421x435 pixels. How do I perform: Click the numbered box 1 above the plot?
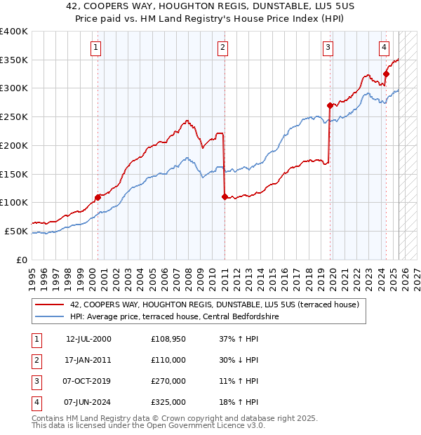point(95,48)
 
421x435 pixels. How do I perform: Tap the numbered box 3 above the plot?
point(328,48)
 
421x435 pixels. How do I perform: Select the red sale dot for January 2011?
point(225,197)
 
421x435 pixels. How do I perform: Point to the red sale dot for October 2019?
point(329,105)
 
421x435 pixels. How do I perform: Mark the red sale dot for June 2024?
point(386,74)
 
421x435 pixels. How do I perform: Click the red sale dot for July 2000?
point(98,197)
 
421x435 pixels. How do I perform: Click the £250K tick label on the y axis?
point(14,116)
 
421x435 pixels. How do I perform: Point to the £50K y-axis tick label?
point(17,231)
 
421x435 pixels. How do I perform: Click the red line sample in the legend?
point(51,305)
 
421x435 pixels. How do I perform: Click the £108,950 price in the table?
point(168,339)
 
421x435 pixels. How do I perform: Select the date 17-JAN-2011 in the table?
point(88,360)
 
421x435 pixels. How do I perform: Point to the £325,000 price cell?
point(168,402)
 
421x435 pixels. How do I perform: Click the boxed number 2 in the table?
point(36,360)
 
